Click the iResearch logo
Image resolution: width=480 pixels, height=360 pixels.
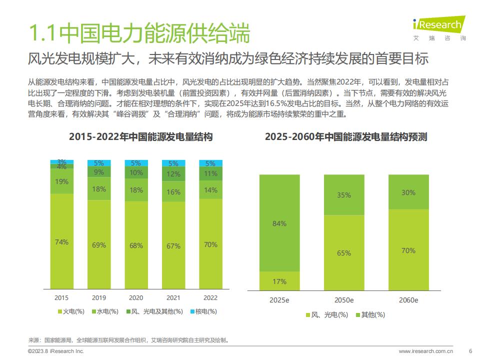(x=439, y=28)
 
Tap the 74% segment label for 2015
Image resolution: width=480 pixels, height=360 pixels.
(x=61, y=242)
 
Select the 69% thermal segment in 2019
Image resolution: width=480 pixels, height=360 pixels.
(x=99, y=244)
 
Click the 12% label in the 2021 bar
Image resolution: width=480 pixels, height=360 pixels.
(x=173, y=174)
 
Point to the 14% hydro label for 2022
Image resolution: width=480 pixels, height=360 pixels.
(x=210, y=190)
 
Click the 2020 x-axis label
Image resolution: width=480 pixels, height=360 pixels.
(x=136, y=297)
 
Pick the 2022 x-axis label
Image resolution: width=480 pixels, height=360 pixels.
(x=210, y=297)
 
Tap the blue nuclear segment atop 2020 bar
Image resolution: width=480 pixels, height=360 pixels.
(x=136, y=163)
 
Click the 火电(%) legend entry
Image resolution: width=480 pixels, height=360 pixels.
(x=71, y=311)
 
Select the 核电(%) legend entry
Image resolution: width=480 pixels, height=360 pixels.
(x=203, y=311)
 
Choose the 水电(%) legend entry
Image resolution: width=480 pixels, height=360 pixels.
(x=105, y=311)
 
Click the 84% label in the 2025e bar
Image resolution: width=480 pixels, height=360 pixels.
(x=279, y=224)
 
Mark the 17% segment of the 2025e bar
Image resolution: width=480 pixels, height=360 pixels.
(x=279, y=280)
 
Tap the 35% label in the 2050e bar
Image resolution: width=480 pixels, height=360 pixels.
(x=344, y=195)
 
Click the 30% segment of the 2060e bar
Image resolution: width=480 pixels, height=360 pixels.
(x=408, y=192)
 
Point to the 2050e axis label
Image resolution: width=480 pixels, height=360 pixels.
(x=344, y=300)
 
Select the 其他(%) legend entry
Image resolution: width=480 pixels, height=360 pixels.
(x=370, y=314)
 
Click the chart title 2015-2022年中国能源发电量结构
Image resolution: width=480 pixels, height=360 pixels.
(x=141, y=136)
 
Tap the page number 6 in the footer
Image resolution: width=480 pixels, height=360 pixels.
(x=470, y=351)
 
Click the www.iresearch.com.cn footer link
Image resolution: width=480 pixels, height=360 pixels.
(x=426, y=351)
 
